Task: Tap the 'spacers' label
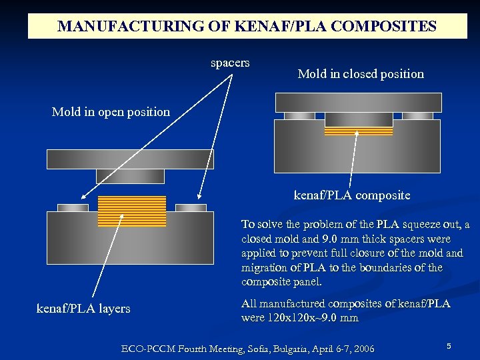[x=230, y=63]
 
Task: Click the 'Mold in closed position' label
[x=361, y=74]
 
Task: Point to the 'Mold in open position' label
[x=111, y=112]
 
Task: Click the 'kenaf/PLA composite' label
[x=352, y=196]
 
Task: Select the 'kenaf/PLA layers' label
[x=83, y=309]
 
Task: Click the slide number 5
[x=449, y=346]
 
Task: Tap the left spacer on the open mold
[x=73, y=207]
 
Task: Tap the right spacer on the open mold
[x=191, y=207]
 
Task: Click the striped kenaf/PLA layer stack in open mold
[x=131, y=211]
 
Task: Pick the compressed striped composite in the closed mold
[x=358, y=131]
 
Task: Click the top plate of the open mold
[x=130, y=159]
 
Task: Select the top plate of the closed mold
[x=358, y=102]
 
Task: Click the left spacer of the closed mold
[x=299, y=115]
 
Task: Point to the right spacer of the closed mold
[x=417, y=115]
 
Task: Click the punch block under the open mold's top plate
[x=130, y=175]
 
